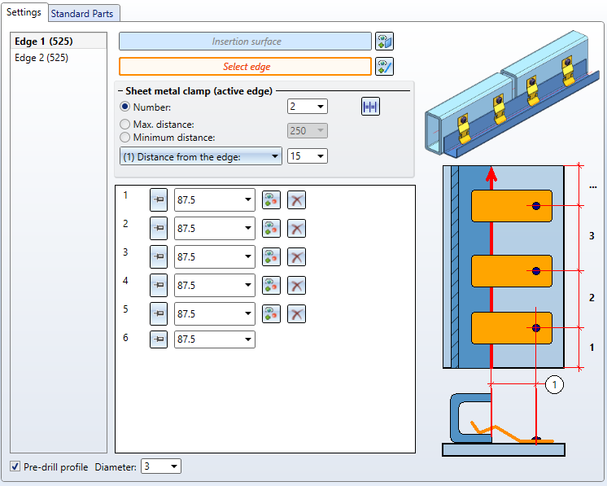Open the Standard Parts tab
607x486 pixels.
pyautogui.click(x=85, y=13)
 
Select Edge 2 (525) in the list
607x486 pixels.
pyautogui.click(x=41, y=58)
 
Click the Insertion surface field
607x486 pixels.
pyautogui.click(x=245, y=41)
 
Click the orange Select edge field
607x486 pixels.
pyautogui.click(x=245, y=67)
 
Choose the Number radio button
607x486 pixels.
pyautogui.click(x=124, y=107)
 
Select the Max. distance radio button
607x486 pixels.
pyautogui.click(x=124, y=124)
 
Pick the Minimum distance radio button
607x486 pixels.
pyautogui.click(x=124, y=138)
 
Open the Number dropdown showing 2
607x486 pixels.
pyautogui.click(x=308, y=107)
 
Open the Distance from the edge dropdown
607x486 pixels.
pyautogui.click(x=200, y=155)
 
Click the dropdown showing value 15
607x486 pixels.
pyautogui.click(x=308, y=155)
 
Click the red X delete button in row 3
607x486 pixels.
pyautogui.click(x=297, y=256)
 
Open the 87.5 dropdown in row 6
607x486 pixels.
pyautogui.click(x=215, y=339)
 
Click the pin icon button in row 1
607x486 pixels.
pyautogui.click(x=159, y=200)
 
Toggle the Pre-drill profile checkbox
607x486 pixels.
pyautogui.click(x=15, y=466)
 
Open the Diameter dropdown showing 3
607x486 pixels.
pyautogui.click(x=160, y=466)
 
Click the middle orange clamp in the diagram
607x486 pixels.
pyautogui.click(x=512, y=270)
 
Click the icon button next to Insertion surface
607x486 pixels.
pyautogui.click(x=384, y=41)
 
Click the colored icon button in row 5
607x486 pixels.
pyautogui.click(x=271, y=313)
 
